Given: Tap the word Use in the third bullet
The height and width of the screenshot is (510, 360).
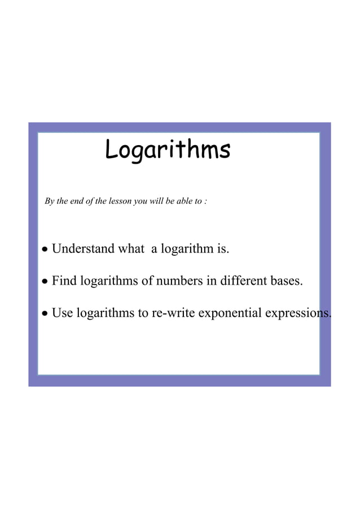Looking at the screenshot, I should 63,312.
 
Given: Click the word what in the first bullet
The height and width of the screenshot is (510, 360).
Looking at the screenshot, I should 130,249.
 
